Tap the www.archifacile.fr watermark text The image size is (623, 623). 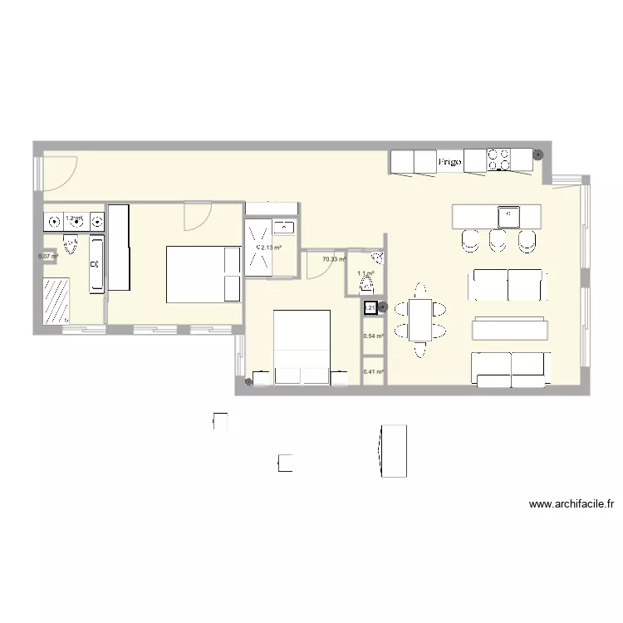pyautogui.click(x=571, y=503)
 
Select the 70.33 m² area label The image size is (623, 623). pyautogui.click(x=334, y=259)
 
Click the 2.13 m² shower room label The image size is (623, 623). pyautogui.click(x=271, y=248)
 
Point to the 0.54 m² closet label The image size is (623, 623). pyautogui.click(x=373, y=336)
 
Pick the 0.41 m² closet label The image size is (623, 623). pyautogui.click(x=373, y=372)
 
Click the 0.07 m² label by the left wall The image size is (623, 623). pyautogui.click(x=47, y=256)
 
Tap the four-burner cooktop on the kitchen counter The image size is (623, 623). pyautogui.click(x=499, y=159)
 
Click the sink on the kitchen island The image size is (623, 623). pyautogui.click(x=508, y=216)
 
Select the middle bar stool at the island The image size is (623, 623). pyautogui.click(x=498, y=241)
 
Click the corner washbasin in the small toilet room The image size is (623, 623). pyautogui.click(x=378, y=258)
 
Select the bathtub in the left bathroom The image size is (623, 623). pyautogui.click(x=96, y=263)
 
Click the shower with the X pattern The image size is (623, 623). pyautogui.click(x=256, y=246)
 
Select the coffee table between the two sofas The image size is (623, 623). pyautogui.click(x=510, y=330)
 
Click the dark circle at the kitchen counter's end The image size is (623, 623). pyautogui.click(x=538, y=155)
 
